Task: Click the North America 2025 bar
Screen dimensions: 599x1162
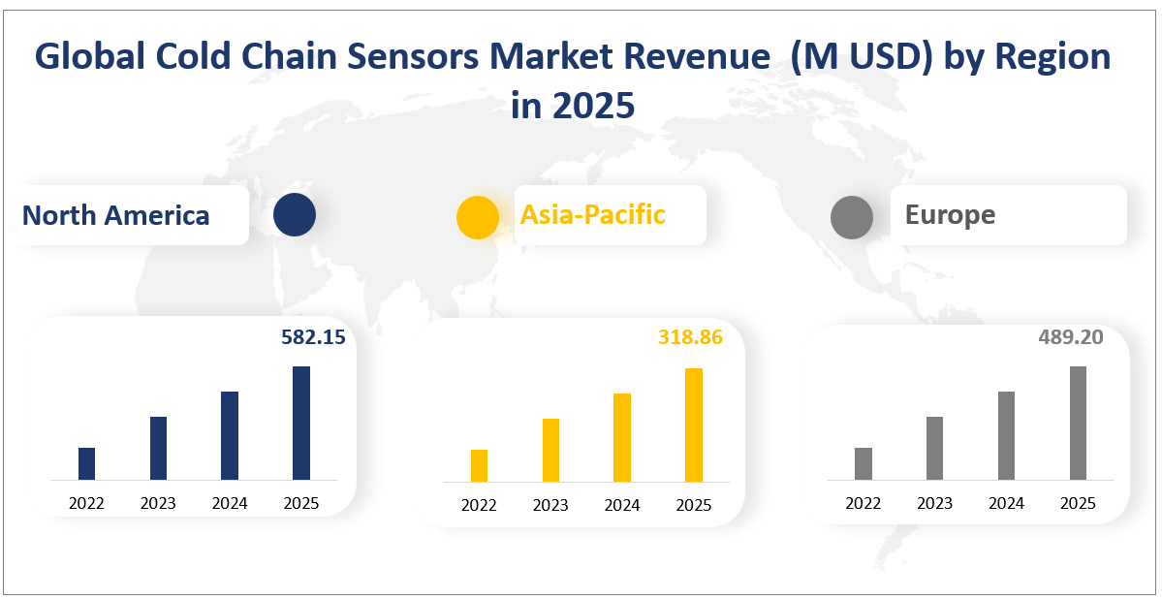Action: (x=301, y=423)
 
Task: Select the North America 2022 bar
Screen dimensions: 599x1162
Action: (x=86, y=463)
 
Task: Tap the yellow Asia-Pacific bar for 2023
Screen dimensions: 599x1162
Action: (x=550, y=450)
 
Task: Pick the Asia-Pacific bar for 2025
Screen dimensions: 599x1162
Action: (x=693, y=425)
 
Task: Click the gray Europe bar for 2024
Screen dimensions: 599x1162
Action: (x=1006, y=435)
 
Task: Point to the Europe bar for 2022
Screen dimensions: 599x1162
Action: (x=863, y=463)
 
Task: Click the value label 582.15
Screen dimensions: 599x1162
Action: (x=313, y=337)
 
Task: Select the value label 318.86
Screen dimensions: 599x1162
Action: (x=690, y=337)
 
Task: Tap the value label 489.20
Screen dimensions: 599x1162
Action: (x=1070, y=336)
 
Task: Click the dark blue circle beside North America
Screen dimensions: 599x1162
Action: (x=295, y=214)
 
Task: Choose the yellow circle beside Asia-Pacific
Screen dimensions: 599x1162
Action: (x=478, y=216)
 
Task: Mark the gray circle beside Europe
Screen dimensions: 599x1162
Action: (x=852, y=216)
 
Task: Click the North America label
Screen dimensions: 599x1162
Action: (x=115, y=215)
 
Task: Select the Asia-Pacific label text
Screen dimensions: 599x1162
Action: (x=592, y=214)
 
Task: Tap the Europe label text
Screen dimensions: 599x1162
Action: (x=950, y=214)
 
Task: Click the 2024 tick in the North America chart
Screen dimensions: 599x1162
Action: (x=230, y=503)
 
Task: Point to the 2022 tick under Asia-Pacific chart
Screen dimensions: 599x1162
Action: (x=479, y=505)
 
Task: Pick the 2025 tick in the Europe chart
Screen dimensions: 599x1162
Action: (x=1078, y=503)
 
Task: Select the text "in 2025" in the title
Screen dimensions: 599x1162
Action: (x=573, y=105)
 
